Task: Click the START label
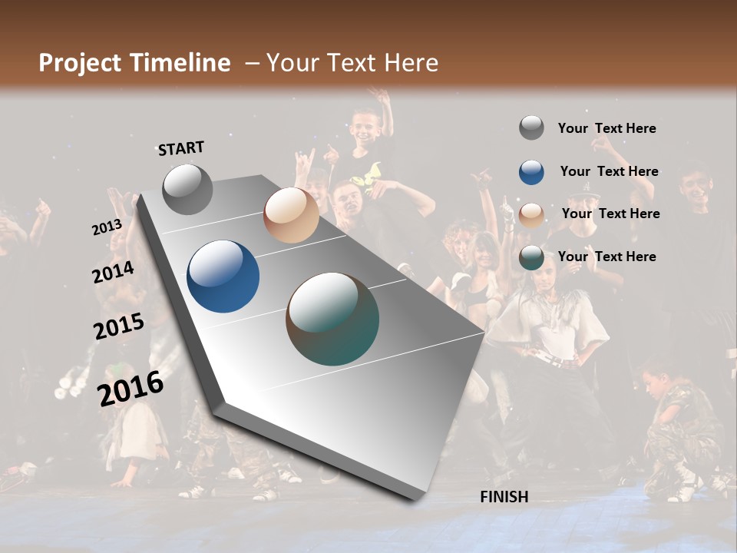click(x=181, y=148)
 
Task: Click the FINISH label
click(x=504, y=497)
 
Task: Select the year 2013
click(x=107, y=227)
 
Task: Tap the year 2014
click(x=114, y=273)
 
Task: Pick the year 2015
click(x=119, y=326)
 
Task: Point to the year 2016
click(x=131, y=388)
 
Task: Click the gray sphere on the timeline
click(x=187, y=189)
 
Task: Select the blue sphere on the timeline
click(x=223, y=276)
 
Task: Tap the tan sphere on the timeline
click(x=291, y=215)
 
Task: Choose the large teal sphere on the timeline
click(x=332, y=319)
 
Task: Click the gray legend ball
click(x=531, y=128)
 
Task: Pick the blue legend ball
click(x=531, y=172)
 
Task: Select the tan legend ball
click(x=531, y=215)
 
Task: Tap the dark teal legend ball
click(x=531, y=257)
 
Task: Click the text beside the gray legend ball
click(x=606, y=128)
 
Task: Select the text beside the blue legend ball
click(x=609, y=171)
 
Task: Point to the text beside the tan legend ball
click(x=610, y=214)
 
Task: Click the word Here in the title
click(x=411, y=63)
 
